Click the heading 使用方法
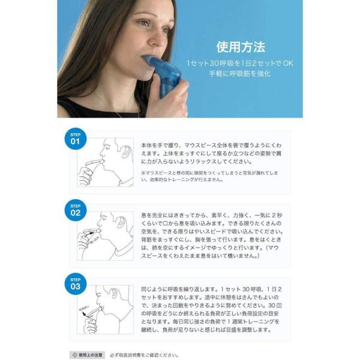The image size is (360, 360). [240, 46]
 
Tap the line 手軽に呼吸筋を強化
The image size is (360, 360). [241, 73]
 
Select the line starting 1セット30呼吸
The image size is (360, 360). [240, 62]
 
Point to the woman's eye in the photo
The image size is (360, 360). [144, 23]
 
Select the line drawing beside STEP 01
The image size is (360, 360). [105, 162]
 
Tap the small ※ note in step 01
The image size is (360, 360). [144, 173]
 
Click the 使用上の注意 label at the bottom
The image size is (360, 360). [87, 354]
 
